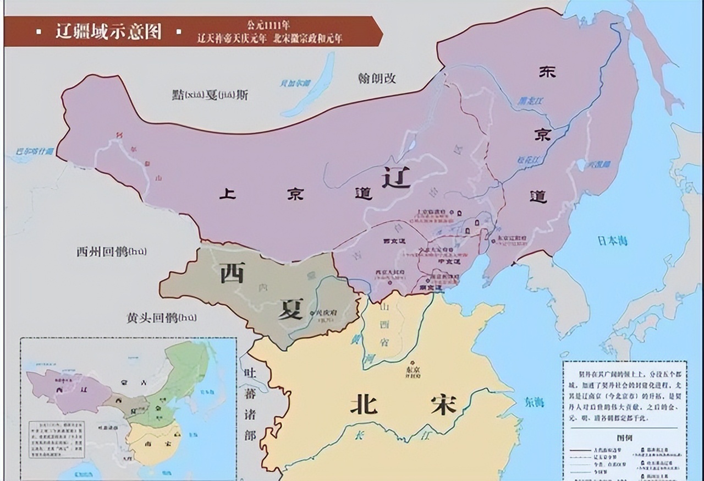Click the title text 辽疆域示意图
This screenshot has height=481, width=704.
coord(108,31)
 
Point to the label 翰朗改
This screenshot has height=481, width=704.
coord(376,78)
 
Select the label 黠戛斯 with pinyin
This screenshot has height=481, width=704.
coord(210,95)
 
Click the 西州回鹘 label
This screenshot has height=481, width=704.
coord(112,252)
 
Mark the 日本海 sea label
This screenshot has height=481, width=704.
coord(612,241)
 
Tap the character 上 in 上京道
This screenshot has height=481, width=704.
coord(227,194)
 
